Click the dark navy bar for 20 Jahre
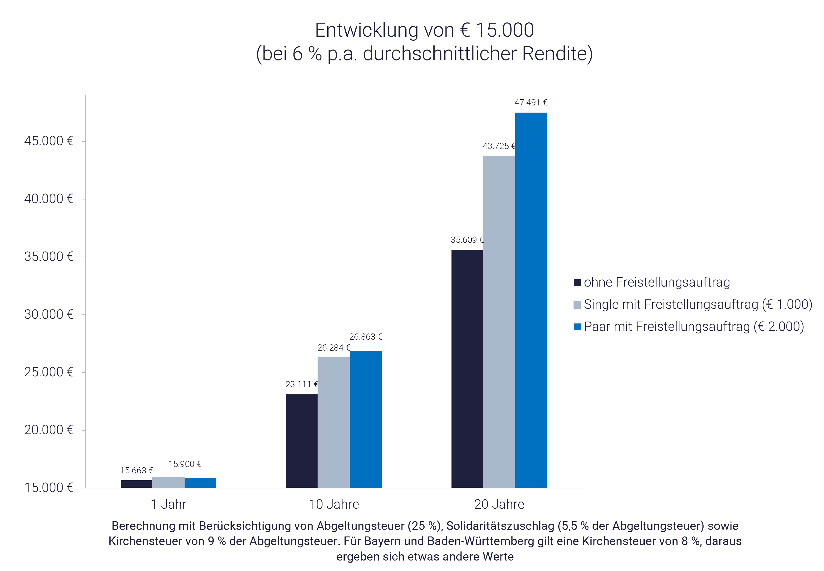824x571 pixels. (x=467, y=368)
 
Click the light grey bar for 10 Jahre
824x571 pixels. (x=333, y=422)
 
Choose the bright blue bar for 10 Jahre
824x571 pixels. (x=365, y=419)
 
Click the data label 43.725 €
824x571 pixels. (x=499, y=146)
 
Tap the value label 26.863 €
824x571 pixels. (x=365, y=337)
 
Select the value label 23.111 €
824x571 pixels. (x=301, y=384)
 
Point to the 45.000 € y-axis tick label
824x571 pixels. (x=49, y=141)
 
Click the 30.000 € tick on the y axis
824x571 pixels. (x=49, y=314)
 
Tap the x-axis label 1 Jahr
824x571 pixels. (x=168, y=504)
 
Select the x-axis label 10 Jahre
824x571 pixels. (x=334, y=504)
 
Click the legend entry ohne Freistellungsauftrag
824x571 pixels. (x=656, y=282)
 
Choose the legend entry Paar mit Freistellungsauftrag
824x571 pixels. (x=693, y=327)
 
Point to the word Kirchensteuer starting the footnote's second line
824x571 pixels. (x=157, y=541)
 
